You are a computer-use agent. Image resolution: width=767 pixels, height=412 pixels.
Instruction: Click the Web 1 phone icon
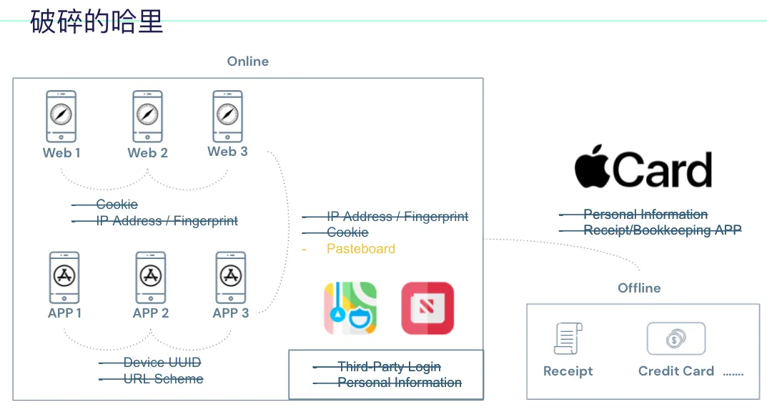(x=61, y=117)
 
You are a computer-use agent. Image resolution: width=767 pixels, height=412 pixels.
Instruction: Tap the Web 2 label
(x=148, y=152)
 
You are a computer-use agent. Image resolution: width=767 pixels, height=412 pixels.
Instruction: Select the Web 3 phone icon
(x=228, y=116)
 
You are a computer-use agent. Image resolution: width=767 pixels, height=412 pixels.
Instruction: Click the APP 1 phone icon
(x=64, y=277)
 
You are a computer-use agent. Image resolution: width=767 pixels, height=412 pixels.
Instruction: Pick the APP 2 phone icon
(x=151, y=277)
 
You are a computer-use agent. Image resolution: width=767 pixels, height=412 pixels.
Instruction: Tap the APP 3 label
(x=231, y=313)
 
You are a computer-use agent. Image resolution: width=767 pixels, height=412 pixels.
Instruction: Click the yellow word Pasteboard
(x=361, y=249)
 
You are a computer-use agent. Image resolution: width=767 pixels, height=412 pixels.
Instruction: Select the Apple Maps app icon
(x=350, y=308)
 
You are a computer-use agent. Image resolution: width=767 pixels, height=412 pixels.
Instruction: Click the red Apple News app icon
(x=427, y=308)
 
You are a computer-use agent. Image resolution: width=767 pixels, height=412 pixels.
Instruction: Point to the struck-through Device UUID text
(x=162, y=363)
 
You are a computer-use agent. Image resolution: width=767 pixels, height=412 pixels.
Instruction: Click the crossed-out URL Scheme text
(x=164, y=379)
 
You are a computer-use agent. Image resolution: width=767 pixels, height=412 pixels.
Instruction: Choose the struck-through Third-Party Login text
(x=390, y=367)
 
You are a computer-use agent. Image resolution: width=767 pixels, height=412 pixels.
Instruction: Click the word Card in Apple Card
(x=663, y=170)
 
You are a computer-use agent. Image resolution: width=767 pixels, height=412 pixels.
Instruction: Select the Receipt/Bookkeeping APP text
(x=663, y=230)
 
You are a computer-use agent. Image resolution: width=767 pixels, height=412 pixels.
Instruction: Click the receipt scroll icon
(x=568, y=338)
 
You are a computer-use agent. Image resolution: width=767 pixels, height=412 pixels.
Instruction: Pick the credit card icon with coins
(x=676, y=338)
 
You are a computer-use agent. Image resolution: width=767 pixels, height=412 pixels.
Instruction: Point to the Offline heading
(x=639, y=288)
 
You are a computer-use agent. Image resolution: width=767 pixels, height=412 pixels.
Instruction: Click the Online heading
(x=248, y=62)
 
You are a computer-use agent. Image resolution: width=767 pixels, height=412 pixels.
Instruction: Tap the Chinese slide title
(x=97, y=21)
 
